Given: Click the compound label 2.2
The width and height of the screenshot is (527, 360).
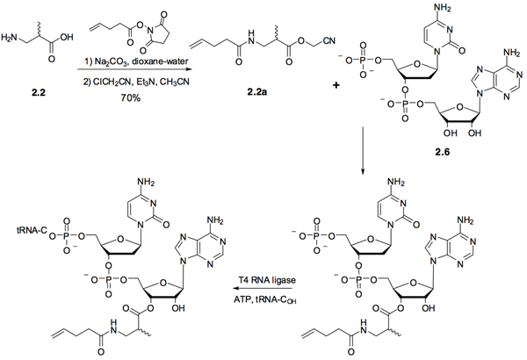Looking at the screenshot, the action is point(38,92).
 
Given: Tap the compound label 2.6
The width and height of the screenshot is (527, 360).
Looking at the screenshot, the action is point(443,152).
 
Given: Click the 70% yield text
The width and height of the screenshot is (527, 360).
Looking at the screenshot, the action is point(132,98).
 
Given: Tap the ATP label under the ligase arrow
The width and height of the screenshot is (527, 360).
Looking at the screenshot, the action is point(241,300).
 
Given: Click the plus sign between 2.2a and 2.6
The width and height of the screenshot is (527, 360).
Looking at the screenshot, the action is point(336,85).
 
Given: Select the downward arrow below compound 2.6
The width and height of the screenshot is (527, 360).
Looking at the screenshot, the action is point(363,151).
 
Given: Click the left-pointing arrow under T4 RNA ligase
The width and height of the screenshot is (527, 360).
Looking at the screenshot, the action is point(263,289).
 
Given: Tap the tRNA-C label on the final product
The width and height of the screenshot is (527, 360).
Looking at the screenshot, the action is point(32,231).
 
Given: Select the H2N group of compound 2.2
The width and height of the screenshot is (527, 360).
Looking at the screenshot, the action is point(9,38).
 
